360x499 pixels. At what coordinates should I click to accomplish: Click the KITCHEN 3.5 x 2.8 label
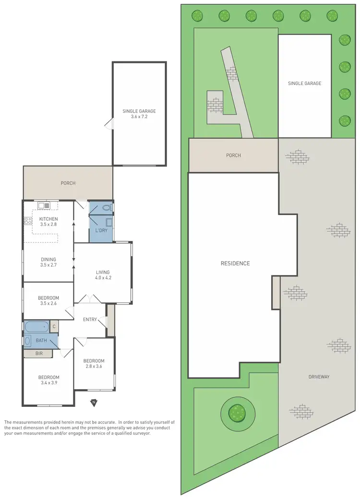coord(48,221)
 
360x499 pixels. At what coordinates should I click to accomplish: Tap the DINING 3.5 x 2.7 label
coord(48,261)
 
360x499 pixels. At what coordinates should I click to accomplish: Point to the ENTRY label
coord(90,320)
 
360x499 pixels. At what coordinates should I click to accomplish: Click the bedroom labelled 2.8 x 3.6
coord(94,363)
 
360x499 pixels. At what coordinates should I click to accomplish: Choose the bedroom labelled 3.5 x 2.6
coord(48,300)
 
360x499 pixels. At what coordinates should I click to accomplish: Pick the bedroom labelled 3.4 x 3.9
coord(48,380)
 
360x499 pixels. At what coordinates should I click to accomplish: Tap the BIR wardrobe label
coord(41,354)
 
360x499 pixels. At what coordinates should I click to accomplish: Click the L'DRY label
coord(101,230)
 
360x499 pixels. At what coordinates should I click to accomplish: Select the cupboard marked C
coord(54,327)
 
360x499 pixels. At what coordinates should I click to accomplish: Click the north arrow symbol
coord(94,402)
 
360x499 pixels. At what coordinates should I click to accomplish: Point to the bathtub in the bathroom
coord(36,327)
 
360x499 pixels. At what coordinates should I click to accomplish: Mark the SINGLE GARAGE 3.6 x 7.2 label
coord(139,114)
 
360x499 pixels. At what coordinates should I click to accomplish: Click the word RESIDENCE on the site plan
coord(235,263)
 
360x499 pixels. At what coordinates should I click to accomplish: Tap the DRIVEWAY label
coord(319,377)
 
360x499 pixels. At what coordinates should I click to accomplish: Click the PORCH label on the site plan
coord(233,155)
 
